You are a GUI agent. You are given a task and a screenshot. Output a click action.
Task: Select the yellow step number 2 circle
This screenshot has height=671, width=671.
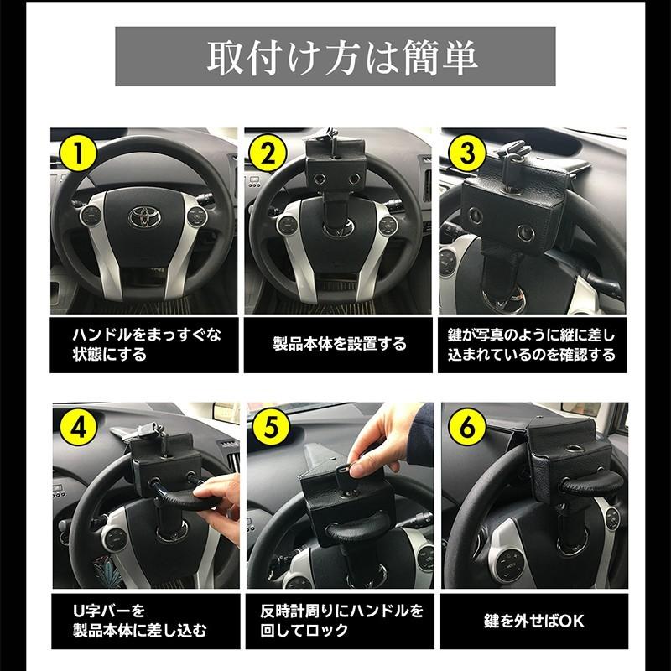coord(270,154)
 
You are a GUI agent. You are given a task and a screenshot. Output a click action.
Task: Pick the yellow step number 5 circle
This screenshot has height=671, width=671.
coord(270,429)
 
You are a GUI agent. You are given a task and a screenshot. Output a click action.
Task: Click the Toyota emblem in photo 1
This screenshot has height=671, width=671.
coord(144,216)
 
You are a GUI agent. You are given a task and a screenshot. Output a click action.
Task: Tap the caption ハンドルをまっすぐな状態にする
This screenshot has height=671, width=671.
coord(142,345)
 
